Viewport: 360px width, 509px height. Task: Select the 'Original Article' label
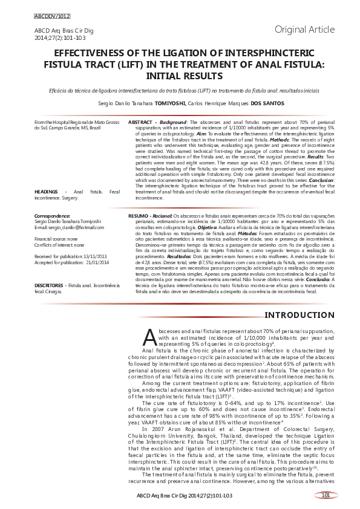304,29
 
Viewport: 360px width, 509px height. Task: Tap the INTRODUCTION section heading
300,316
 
